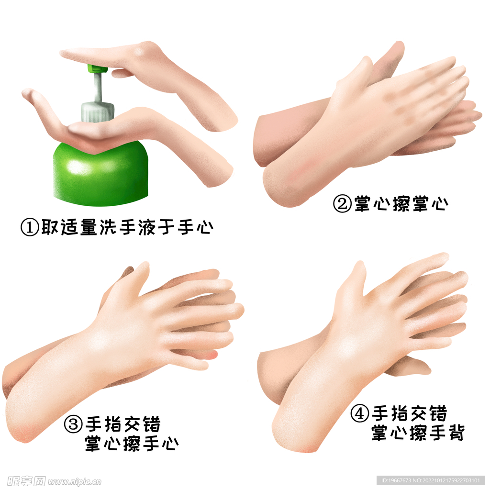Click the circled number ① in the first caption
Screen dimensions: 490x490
(30, 227)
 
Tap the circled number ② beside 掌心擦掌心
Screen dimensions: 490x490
(343, 204)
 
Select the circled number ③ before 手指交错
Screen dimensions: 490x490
(73, 424)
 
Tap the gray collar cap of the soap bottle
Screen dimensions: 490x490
(98, 110)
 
